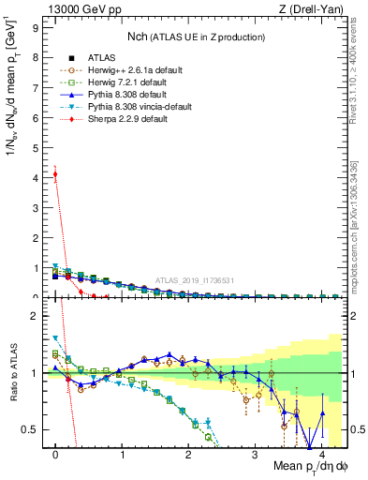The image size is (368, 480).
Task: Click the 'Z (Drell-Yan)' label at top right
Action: pos(313,10)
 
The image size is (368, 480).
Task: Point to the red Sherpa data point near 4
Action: pos(56,173)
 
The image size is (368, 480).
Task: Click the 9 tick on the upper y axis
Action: pos(37,27)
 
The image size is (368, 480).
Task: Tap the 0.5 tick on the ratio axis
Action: pos(33,429)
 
